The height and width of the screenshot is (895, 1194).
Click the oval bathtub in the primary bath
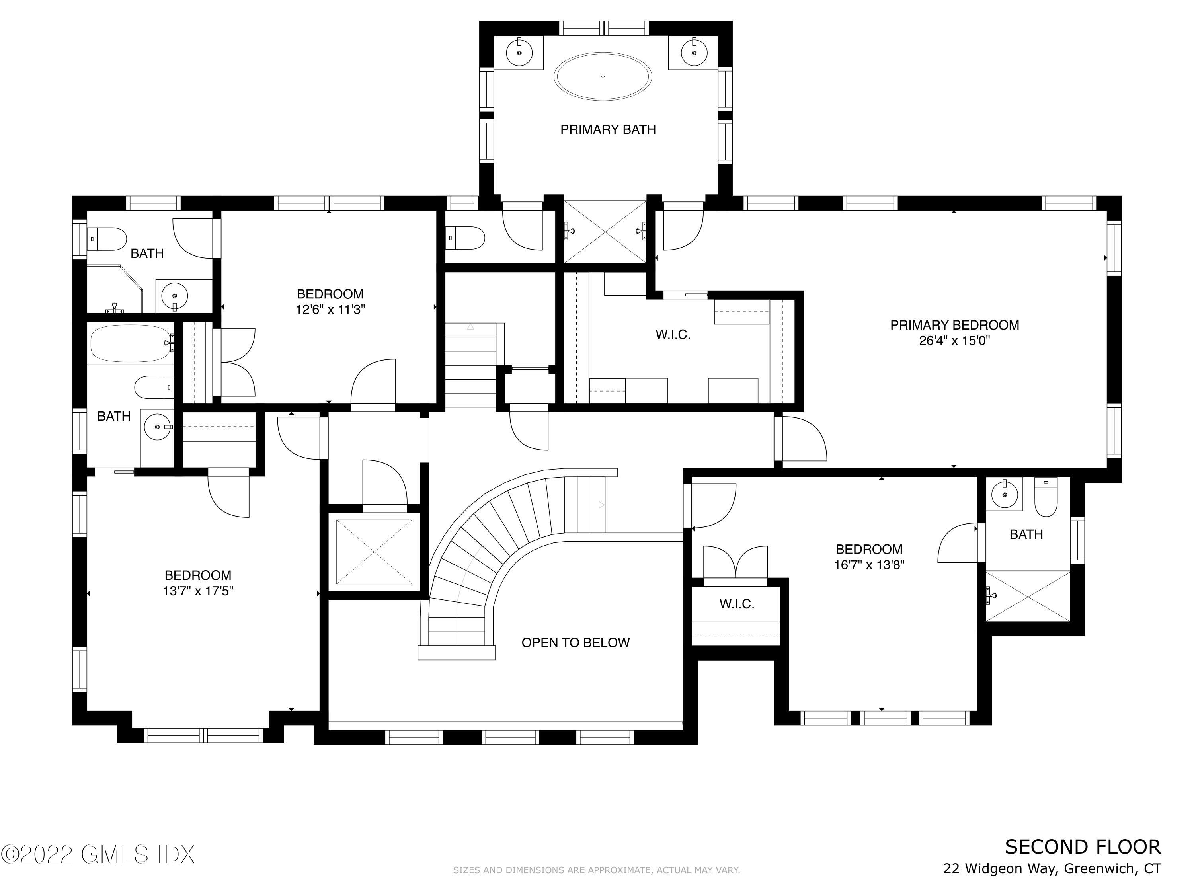coord(603,76)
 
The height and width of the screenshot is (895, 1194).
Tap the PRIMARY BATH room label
coord(608,130)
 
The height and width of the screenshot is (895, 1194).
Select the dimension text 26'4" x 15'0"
coord(954,341)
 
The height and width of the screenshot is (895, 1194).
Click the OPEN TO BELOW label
coord(576,642)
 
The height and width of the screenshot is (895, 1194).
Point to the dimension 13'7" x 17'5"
coord(198,591)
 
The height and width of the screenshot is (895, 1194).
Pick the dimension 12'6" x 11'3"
coord(330,310)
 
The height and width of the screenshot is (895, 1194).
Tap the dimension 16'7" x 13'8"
coord(869,565)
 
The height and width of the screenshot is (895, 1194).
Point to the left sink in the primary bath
coord(519,53)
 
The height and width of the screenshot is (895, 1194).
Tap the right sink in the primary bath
coord(694,53)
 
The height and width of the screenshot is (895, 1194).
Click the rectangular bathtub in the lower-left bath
coord(130,343)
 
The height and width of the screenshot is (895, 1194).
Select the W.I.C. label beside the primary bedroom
coord(673,335)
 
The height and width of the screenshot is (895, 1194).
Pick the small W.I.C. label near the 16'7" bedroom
coord(737,604)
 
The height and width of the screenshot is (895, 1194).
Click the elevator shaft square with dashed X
coord(374,552)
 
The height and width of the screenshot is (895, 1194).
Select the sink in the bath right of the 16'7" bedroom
coord(1004,494)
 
